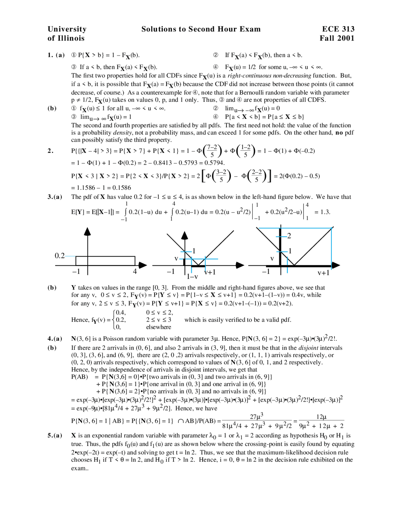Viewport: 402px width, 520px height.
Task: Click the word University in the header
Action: (67, 29)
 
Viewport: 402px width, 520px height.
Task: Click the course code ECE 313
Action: (338, 29)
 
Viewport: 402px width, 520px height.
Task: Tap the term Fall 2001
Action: (337, 38)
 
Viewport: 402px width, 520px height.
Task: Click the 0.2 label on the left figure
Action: (60, 256)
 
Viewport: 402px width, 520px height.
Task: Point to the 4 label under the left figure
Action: (135, 272)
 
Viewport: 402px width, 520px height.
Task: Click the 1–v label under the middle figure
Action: (192, 277)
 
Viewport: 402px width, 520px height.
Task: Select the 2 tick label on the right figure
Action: (289, 236)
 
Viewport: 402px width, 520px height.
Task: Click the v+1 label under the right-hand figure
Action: (323, 273)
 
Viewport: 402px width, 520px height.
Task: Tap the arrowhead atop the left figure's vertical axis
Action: (88, 231)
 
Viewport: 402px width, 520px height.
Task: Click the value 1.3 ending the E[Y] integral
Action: (325, 212)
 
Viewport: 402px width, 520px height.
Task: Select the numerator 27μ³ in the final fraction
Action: (257, 417)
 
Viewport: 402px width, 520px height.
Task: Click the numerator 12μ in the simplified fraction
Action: (321, 417)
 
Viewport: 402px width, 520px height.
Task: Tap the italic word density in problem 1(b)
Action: (122, 133)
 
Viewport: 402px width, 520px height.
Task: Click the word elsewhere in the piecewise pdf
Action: (159, 327)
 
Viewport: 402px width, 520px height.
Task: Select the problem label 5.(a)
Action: (55, 436)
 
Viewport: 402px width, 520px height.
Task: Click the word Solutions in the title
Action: (159, 29)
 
